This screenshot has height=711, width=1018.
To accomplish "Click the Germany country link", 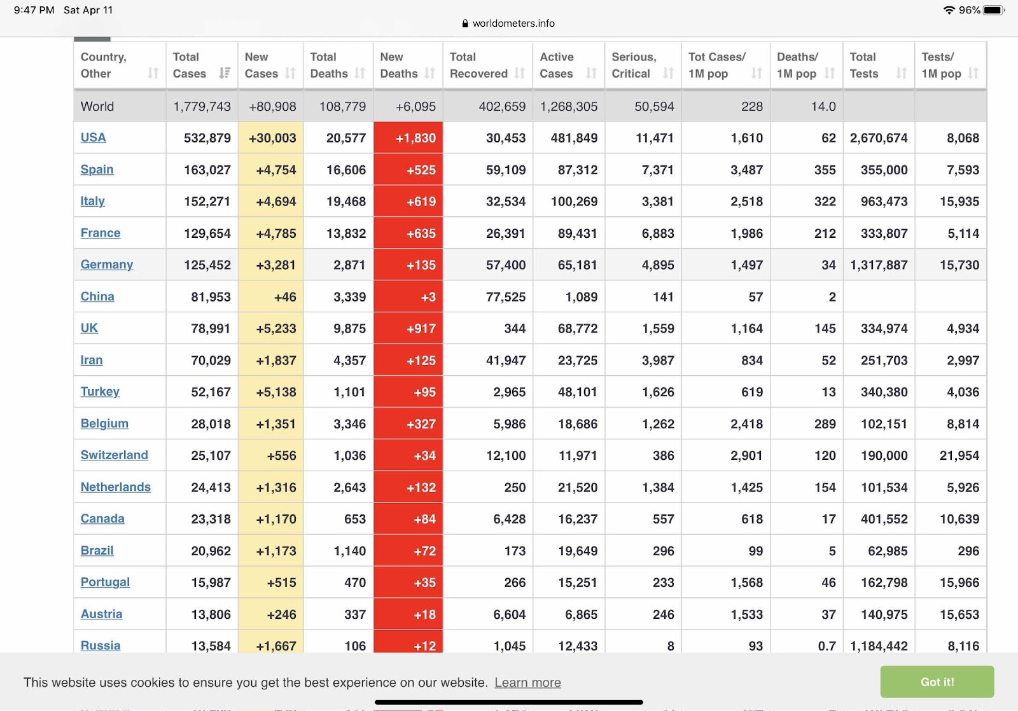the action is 107,265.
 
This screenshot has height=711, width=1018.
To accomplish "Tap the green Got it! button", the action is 937,682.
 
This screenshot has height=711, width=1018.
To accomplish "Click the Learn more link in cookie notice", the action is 527,682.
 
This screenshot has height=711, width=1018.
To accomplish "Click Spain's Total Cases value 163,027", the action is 207,170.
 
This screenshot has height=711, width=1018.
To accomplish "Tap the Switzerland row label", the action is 114,455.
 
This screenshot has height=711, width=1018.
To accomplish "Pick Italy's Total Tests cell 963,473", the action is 884,201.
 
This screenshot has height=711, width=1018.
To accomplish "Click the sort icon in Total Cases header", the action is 225,72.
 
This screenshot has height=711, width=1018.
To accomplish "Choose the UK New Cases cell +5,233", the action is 276,328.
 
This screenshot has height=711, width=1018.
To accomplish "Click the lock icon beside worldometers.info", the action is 465,23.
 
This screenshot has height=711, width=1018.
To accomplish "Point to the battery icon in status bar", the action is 993,10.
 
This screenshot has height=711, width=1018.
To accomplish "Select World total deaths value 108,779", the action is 342,106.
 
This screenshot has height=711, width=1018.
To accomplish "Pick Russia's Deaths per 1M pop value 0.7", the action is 826,645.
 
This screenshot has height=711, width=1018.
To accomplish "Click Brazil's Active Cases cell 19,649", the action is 577,551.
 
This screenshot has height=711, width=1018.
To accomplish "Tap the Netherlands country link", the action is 115,487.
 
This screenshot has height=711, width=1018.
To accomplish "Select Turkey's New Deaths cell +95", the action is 424,392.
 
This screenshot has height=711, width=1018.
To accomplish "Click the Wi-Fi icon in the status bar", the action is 949,10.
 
